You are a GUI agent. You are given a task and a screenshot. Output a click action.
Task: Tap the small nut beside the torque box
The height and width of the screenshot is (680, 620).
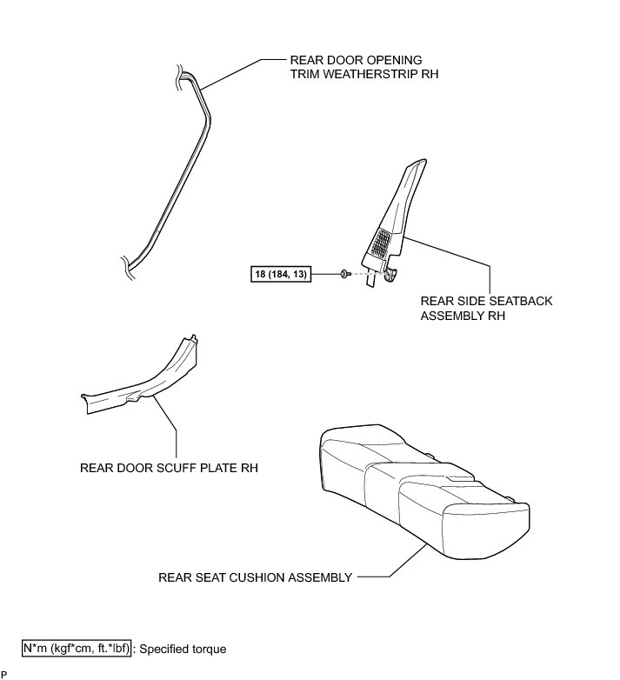[345, 275]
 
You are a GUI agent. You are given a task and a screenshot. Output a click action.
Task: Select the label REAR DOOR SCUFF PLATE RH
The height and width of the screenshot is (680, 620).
[169, 468]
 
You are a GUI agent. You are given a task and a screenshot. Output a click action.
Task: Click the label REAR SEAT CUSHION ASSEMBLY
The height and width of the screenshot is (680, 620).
[255, 577]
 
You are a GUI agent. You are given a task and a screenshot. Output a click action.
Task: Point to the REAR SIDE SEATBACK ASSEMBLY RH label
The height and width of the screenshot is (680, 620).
[486, 309]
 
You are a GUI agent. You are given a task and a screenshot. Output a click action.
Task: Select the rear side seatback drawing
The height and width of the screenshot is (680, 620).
[396, 217]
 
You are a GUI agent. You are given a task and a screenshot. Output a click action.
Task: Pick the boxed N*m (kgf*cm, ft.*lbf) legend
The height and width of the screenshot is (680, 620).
[77, 648]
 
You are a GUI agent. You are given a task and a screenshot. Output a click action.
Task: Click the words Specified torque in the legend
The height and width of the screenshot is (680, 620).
[183, 649]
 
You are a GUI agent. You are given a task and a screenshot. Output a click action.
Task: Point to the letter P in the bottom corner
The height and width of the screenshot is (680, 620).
[4, 674]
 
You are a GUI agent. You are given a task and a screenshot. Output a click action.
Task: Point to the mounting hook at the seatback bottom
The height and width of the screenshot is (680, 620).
[389, 276]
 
